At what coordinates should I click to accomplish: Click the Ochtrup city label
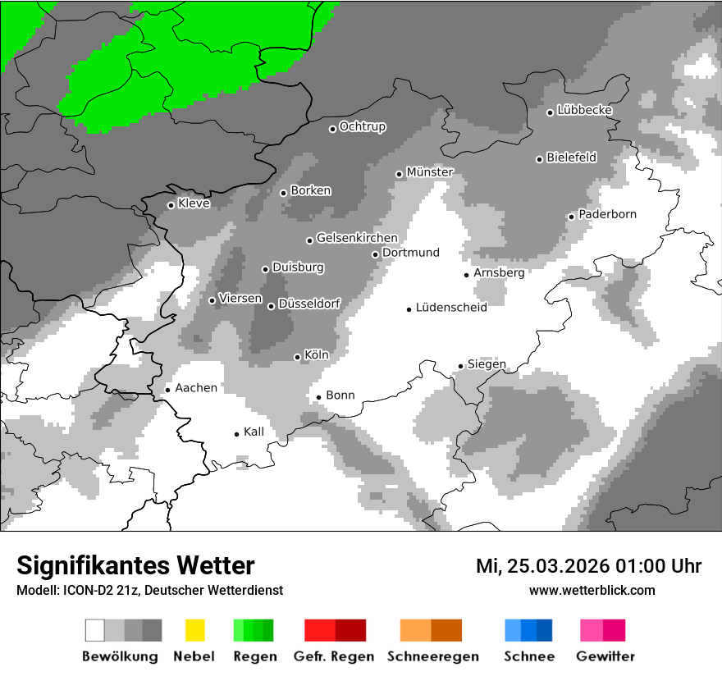coord(362,127)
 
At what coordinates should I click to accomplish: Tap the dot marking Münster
coord(400,174)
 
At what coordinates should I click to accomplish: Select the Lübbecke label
coord(584,110)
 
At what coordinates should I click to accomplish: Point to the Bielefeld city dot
coord(540,159)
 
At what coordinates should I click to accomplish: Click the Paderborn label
coord(607,214)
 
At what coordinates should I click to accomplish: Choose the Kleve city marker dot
coord(171,205)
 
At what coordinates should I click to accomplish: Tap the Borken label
coord(311,190)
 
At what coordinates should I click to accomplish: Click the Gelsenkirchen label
coord(357,238)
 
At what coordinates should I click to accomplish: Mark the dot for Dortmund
coord(375,254)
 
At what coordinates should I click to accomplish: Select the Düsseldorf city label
coord(309,304)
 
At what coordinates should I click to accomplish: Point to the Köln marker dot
coord(298,357)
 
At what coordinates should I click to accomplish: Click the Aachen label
coord(196,387)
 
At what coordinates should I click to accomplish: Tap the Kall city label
coord(254,431)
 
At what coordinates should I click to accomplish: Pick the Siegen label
coord(487,363)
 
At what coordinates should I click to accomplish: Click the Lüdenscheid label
coord(451,308)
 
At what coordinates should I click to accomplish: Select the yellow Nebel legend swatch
coord(194,630)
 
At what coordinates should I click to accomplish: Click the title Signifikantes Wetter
coord(135,565)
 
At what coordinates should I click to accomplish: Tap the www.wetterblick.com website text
coord(592,590)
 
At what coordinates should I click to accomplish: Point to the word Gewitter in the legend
coord(605,656)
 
